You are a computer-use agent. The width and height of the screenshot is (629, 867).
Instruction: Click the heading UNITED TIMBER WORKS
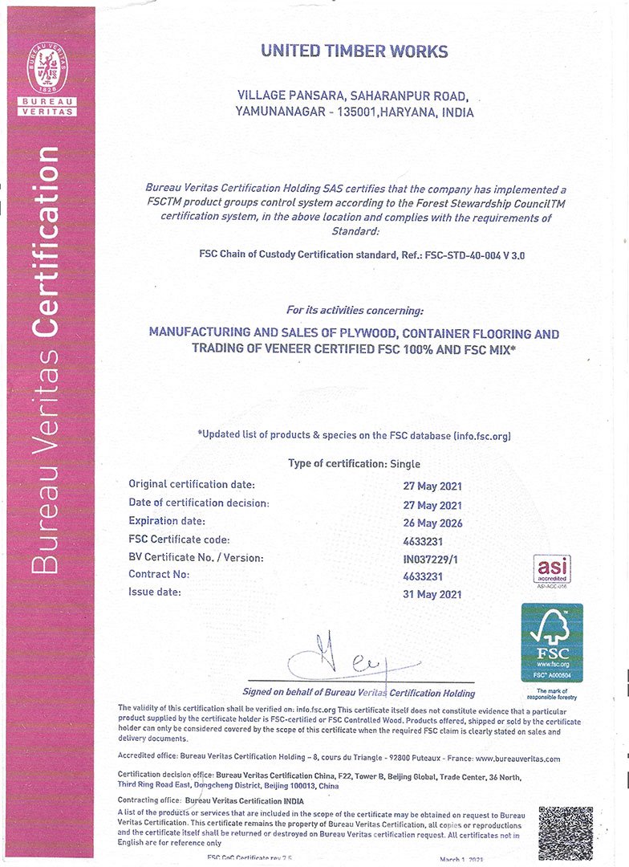coord(354,51)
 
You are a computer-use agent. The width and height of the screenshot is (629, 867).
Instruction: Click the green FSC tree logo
coord(551,642)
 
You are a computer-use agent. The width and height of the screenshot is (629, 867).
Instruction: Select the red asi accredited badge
coord(552,568)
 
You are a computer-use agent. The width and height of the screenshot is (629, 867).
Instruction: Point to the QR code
coord(565,832)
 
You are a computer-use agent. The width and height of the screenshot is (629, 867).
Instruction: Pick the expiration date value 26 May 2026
coord(432,523)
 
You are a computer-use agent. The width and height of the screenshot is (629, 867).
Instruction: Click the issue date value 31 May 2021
coord(432,594)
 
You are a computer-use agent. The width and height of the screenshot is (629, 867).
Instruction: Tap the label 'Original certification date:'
coord(192,484)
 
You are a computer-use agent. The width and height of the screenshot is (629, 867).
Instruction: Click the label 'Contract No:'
coord(159,575)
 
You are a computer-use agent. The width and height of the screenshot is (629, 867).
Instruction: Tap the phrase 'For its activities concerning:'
coord(354,310)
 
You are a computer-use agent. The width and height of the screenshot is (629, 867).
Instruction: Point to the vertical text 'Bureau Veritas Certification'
coord(49,361)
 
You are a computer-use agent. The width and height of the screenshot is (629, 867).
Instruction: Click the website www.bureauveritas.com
coord(517,758)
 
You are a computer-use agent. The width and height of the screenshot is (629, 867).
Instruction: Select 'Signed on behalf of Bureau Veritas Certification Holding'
coord(359,693)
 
